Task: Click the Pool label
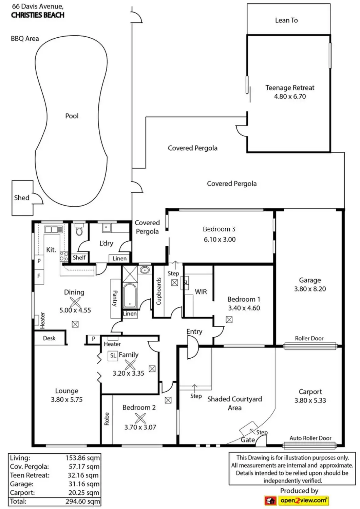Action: pyautogui.click(x=72, y=116)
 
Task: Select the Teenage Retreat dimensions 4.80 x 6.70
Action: pyautogui.click(x=290, y=96)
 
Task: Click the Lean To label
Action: pyautogui.click(x=286, y=20)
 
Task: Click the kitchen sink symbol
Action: pyautogui.click(x=52, y=229)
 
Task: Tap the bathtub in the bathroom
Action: pyautogui.click(x=130, y=296)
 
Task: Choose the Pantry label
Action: pyautogui.click(x=115, y=298)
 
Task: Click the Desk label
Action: pyautogui.click(x=49, y=338)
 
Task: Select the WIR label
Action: pyautogui.click(x=201, y=292)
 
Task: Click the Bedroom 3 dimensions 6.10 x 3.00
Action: pyautogui.click(x=220, y=240)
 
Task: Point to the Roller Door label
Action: pyautogui.click(x=309, y=338)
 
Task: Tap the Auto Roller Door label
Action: pyautogui.click(x=310, y=438)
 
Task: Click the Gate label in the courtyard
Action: pyautogui.click(x=248, y=440)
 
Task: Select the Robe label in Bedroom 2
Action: pyautogui.click(x=107, y=419)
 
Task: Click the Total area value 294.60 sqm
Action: pyautogui.click(x=83, y=502)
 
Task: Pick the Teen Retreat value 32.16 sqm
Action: pyautogui.click(x=83, y=475)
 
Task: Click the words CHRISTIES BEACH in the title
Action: pyautogui.click(x=38, y=15)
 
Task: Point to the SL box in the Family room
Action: pyautogui.click(x=113, y=356)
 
